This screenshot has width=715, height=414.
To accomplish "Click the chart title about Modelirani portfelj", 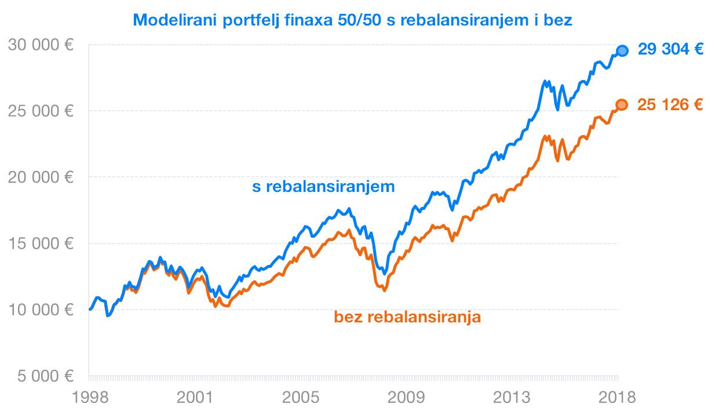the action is pyautogui.click(x=352, y=20).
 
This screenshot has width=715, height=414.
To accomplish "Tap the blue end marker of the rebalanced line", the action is pyautogui.click(x=622, y=50).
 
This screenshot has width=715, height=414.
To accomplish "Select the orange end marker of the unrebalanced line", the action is pyautogui.click(x=622, y=105).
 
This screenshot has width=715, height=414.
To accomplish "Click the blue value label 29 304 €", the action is pyautogui.click(x=670, y=49).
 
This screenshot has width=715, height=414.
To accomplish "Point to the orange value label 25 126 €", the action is pyautogui.click(x=670, y=105).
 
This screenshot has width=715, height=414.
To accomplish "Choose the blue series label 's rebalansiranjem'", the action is pyautogui.click(x=323, y=187).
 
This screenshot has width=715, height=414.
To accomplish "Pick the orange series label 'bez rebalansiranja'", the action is pyautogui.click(x=407, y=317).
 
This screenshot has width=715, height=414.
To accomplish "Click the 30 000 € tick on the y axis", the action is pyautogui.click(x=41, y=45).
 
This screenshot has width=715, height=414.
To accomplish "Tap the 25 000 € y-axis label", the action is pyautogui.click(x=41, y=111).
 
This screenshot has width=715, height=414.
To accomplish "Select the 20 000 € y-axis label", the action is pyautogui.click(x=41, y=177).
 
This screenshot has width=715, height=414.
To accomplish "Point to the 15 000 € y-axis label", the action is pyautogui.click(x=41, y=244).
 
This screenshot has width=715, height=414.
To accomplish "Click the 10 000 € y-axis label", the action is pyautogui.click(x=41, y=310).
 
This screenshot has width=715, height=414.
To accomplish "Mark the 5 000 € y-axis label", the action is pyautogui.click(x=45, y=376).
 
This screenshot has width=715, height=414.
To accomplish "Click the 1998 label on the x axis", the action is pyautogui.click(x=90, y=398).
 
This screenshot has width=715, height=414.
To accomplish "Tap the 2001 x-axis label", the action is pyautogui.click(x=195, y=398).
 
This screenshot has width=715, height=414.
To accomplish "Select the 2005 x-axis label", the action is pyautogui.click(x=301, y=398).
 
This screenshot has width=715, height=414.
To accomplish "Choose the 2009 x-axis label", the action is pyautogui.click(x=406, y=398).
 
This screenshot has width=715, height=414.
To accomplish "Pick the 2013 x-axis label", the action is pyautogui.click(x=512, y=398).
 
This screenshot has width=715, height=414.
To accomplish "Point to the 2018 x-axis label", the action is pyautogui.click(x=617, y=398).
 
